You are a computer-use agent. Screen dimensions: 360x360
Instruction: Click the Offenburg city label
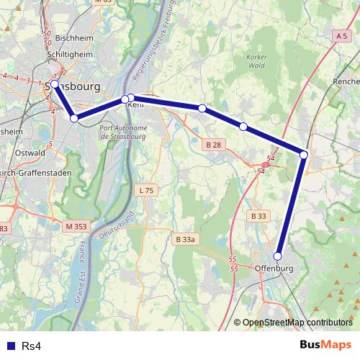pos(275,269)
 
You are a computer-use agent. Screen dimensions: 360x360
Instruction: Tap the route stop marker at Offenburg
pos(278,256)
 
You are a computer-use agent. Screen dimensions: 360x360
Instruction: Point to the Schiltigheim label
pos(68,55)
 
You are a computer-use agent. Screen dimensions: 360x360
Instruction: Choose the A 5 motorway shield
pos(341,35)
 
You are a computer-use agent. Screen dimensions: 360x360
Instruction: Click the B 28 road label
pos(212,145)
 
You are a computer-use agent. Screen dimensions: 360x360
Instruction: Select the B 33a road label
pos(185,238)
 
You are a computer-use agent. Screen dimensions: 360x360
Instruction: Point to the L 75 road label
pos(145,190)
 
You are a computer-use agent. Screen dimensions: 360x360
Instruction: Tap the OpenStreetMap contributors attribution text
pos(297,323)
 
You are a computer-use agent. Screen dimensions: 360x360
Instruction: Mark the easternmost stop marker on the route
pos(304,155)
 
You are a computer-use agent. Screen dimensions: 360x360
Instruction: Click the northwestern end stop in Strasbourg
pos(55,84)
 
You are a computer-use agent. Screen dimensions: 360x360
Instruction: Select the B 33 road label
pos(258,216)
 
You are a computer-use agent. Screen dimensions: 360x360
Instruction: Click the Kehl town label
pos(135,105)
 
